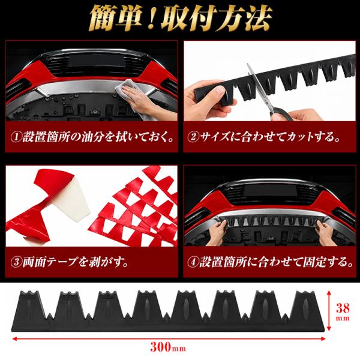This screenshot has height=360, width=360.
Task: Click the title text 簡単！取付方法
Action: [x=181, y=19]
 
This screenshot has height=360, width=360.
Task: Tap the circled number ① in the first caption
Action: [x=16, y=137]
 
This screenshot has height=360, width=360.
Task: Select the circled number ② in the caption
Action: [x=193, y=137]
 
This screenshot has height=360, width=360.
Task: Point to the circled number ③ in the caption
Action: [x=16, y=262]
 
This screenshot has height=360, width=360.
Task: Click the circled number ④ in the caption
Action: [x=193, y=262]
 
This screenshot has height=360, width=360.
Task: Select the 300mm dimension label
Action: [x=168, y=347]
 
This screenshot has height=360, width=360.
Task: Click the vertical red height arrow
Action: [x=329, y=311]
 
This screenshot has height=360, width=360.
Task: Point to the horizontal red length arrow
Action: [x=169, y=338]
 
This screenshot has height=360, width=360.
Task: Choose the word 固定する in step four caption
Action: [x=328, y=262]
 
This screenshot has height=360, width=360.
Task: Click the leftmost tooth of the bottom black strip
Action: [x=31, y=305]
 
